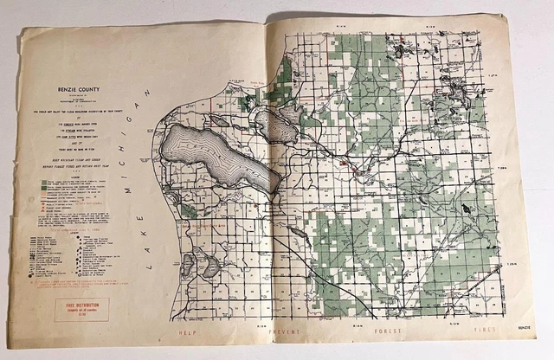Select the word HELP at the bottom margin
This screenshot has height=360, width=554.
[184, 331]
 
